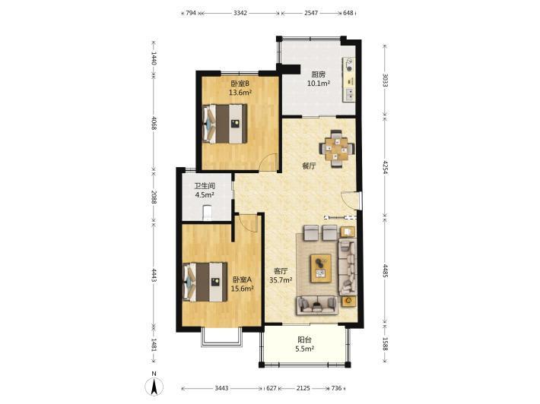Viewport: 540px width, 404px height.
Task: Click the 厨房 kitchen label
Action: pos(318,74)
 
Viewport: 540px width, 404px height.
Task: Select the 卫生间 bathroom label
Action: pos(205,186)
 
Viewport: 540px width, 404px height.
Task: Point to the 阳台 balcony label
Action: pos(304,340)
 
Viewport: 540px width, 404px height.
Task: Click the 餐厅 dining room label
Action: pos(309,166)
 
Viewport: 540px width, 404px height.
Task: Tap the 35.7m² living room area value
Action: pos(281,280)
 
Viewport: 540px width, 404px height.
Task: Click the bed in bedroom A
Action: pos(205,282)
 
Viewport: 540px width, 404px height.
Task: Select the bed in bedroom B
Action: pos(225,124)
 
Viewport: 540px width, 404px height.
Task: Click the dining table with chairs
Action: pos(337,149)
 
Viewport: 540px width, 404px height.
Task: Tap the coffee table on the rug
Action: pos(321,268)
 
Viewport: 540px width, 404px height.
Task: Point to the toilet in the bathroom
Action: pos(207,213)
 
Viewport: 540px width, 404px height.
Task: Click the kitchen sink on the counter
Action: pos(350,94)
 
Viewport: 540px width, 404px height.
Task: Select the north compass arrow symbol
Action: pos(154,386)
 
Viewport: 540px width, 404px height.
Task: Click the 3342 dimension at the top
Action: pos(240,13)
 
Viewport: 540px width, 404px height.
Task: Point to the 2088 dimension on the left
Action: pos(154,197)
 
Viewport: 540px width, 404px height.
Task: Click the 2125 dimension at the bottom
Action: pos(303,388)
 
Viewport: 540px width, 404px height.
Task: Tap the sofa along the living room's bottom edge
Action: pos(317,305)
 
